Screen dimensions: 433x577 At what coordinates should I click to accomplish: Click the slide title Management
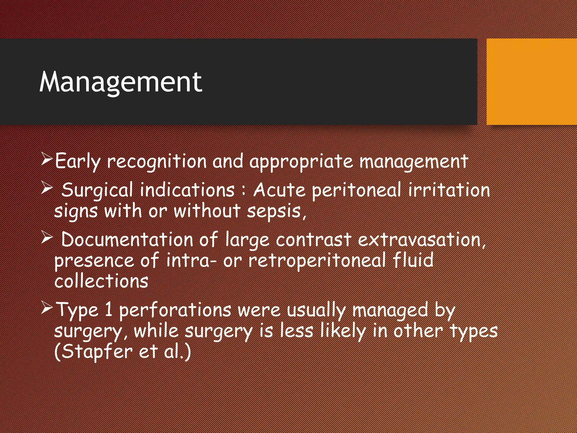click(x=121, y=82)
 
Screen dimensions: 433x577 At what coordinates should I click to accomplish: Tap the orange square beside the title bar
click(x=531, y=82)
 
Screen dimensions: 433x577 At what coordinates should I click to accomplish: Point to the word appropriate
click(x=301, y=162)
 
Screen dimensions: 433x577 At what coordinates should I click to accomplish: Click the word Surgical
click(x=97, y=190)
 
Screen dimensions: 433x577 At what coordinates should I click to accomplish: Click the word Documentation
click(x=127, y=240)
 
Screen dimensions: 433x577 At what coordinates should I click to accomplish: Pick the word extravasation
click(x=419, y=240)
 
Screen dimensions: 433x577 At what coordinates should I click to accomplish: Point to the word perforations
click(x=175, y=310)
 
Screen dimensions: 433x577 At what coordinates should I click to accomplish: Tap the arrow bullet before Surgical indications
click(x=46, y=188)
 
